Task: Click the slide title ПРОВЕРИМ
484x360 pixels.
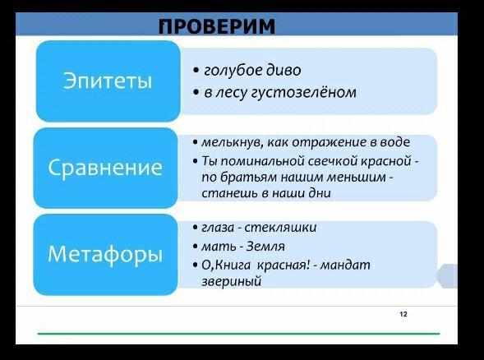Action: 217,26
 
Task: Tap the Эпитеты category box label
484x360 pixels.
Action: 108,81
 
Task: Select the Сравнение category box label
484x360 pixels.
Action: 105,168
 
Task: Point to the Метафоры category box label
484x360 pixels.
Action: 105,255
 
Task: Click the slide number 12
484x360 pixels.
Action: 403,314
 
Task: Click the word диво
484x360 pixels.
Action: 284,70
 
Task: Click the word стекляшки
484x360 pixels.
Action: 280,228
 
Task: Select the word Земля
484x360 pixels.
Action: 265,247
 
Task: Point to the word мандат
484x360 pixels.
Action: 345,265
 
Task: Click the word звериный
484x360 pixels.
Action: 231,282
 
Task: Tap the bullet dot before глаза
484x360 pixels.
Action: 195,228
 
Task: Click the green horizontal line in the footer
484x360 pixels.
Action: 238,334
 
